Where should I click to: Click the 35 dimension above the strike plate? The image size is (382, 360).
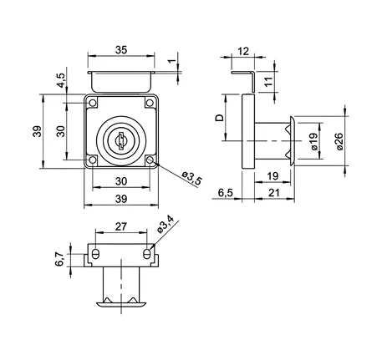coord(121,50)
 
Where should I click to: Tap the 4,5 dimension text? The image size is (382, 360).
coord(61,80)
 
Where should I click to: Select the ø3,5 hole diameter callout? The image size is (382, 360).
coord(191,178)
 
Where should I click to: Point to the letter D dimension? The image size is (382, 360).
coord(220,118)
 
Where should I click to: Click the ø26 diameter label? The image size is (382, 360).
coord(339,141)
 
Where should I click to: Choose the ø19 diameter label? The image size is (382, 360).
coord(313,141)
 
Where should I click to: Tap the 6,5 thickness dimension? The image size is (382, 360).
coord(226,193)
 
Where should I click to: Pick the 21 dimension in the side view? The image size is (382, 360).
coord(274,193)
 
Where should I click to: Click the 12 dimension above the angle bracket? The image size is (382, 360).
coord(243,51)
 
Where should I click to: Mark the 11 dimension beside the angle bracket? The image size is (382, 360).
coord(268,82)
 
